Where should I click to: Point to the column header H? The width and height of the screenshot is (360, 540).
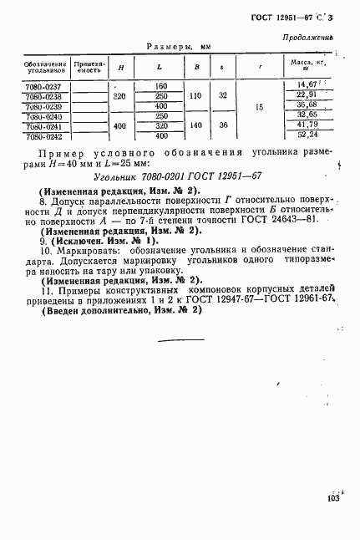coord(122,67)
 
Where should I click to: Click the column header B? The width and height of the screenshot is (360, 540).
coord(196,67)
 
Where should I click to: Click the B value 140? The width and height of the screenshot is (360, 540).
coord(196,125)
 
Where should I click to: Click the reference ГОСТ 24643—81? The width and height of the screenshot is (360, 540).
coord(280,228)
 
